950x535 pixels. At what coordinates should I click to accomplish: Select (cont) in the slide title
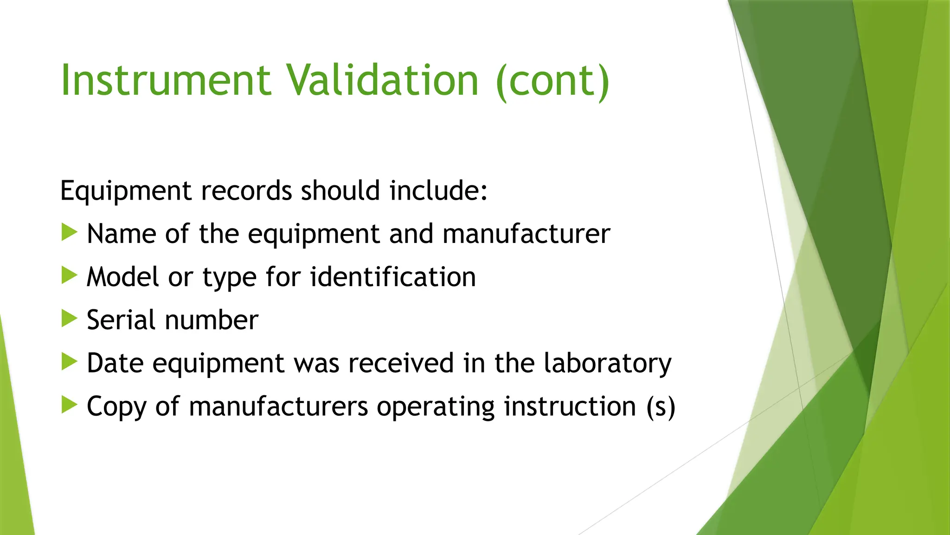coord(552,81)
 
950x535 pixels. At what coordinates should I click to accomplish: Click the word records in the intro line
coord(247,190)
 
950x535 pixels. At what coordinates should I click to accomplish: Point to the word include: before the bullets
coord(438,190)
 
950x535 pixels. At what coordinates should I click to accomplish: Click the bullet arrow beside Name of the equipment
coord(69,232)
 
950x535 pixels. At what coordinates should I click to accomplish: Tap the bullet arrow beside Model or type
coord(69,275)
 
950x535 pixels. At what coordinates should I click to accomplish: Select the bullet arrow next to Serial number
coord(69,319)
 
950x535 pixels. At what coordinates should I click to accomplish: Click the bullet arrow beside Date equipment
coord(69,362)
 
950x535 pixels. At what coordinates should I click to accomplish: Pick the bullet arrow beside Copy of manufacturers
coord(69,405)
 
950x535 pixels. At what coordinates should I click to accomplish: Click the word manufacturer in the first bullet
coord(526,234)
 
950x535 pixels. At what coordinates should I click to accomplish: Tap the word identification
coord(393,277)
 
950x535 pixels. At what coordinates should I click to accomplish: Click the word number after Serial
coord(212,320)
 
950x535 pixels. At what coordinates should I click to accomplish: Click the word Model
coord(122,277)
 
